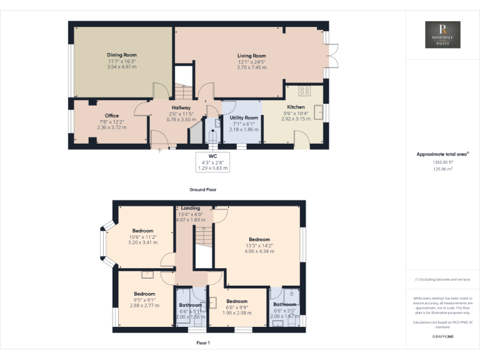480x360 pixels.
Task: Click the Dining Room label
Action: [x=121, y=55]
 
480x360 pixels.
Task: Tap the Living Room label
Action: [x=251, y=56]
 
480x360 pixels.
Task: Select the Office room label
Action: [x=112, y=116]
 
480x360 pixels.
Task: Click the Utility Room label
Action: [x=244, y=117]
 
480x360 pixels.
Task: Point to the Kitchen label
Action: [x=296, y=107]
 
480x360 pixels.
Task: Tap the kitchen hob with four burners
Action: [x=305, y=91]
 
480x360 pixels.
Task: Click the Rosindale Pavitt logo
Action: [x=442, y=34]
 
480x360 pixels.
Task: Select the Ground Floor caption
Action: [x=203, y=189]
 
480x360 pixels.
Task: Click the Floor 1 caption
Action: [x=203, y=343]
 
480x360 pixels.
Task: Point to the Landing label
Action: [x=191, y=208]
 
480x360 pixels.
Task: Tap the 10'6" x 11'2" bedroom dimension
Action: [x=142, y=237]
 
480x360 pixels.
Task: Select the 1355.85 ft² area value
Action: [x=442, y=161]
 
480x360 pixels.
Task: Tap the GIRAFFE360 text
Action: [x=442, y=337]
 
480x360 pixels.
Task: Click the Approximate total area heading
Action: [x=442, y=154]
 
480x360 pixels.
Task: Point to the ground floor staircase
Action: [x=182, y=92]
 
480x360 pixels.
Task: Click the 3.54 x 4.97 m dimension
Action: [x=121, y=66]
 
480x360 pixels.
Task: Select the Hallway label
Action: [x=181, y=107]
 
